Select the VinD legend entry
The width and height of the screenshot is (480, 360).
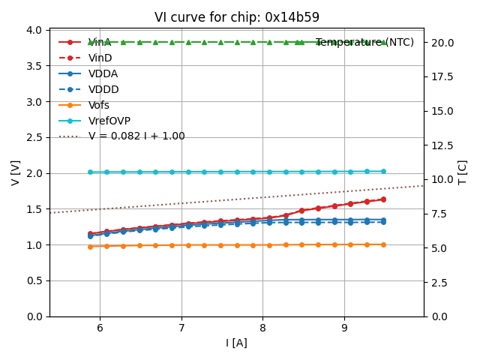(x=100, y=58)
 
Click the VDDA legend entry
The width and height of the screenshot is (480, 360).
(x=103, y=73)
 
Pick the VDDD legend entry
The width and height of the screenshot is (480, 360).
(x=103, y=89)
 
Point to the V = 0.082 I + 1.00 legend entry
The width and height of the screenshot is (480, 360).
(x=136, y=136)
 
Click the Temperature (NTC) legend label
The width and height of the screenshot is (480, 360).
(x=364, y=43)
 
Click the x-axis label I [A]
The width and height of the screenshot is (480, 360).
(x=236, y=343)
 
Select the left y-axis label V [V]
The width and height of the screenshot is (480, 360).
(x=15, y=172)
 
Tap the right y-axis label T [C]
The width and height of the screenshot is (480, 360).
(x=462, y=172)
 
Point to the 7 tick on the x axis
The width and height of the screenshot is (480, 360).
(x=181, y=328)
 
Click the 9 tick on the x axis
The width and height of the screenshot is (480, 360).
(x=344, y=328)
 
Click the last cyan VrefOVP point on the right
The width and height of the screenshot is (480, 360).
(x=383, y=171)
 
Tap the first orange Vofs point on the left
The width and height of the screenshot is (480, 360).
(x=90, y=246)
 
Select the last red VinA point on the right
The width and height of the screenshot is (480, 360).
(x=383, y=199)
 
